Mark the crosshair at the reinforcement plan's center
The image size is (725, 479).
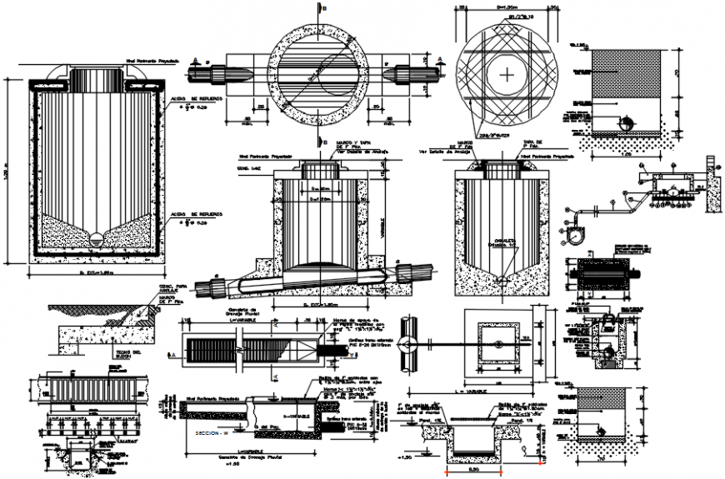coord(507,73)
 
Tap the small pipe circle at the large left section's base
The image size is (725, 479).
coord(95,238)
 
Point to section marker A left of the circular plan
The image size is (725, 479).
coord(195,60)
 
